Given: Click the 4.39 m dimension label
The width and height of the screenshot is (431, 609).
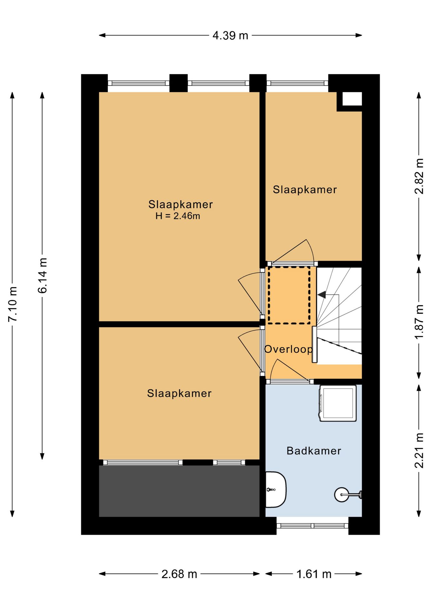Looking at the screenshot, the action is [x=230, y=35].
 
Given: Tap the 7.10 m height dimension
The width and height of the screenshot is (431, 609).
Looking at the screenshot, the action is [x=13, y=304].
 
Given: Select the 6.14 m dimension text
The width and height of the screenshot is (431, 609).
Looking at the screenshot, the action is [x=42, y=275].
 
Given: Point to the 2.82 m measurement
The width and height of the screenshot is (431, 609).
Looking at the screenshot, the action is [x=419, y=176].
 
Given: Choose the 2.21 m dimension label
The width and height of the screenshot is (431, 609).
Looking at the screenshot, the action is [x=419, y=450].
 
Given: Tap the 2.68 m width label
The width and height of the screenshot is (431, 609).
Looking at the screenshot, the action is [x=179, y=574].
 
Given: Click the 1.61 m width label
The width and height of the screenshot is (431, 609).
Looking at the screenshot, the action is [x=314, y=574].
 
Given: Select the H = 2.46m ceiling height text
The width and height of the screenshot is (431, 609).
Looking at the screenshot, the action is [x=178, y=216].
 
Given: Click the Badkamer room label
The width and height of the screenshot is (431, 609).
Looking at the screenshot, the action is [x=314, y=451].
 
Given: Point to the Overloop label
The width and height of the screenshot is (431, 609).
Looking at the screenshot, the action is [x=288, y=349].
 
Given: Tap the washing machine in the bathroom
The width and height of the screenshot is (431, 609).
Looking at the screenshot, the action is [x=338, y=403].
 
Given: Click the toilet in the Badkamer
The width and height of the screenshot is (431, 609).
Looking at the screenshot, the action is [x=348, y=494].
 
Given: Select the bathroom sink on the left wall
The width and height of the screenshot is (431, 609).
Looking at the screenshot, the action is [x=276, y=490].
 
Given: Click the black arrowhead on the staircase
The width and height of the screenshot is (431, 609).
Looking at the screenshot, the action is [x=322, y=295].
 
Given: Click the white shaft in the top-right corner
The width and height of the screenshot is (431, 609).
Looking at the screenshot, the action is [x=352, y=99].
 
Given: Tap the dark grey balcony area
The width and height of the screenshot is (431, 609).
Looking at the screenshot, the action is [x=179, y=491].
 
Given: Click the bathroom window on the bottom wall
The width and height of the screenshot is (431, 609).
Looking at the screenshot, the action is [x=313, y=526].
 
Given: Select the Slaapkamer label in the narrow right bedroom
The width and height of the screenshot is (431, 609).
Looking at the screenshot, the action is [x=305, y=190].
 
